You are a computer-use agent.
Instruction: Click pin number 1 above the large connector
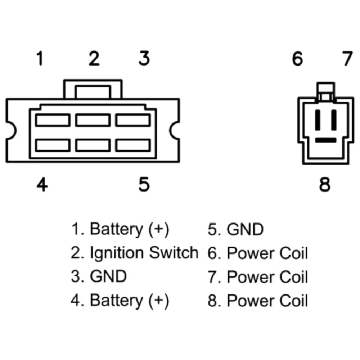click(40, 59)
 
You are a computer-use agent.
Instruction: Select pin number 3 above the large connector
click(144, 59)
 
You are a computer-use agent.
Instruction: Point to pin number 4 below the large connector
click(42, 185)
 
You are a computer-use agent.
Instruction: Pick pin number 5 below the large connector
click(144, 185)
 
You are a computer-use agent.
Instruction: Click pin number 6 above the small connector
click(297, 59)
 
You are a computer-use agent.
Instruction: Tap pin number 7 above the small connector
click(347, 59)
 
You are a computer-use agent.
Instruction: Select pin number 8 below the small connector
click(325, 185)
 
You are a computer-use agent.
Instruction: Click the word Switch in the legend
click(174, 253)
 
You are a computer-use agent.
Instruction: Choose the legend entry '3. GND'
click(99, 276)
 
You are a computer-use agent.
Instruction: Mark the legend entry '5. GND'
click(236, 229)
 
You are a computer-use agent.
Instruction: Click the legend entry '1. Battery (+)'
click(120, 229)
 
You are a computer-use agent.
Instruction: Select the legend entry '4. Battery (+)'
click(120, 300)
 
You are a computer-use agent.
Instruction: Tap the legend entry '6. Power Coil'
click(258, 253)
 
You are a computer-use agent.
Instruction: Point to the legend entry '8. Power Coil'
click(258, 301)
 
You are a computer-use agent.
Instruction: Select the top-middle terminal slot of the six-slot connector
click(93, 120)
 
